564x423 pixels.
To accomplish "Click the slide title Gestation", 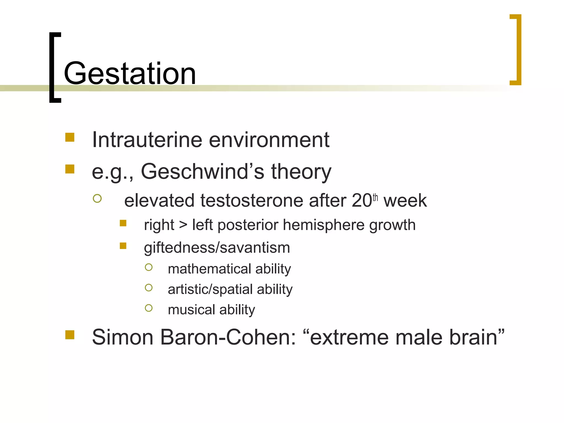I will [129, 74].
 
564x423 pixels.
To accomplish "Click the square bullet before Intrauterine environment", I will [70, 137].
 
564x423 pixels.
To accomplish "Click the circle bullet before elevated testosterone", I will [97, 198].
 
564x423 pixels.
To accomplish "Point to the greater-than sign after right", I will [183, 225].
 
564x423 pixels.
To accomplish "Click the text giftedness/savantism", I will [217, 248].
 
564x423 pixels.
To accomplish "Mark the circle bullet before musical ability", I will [149, 308].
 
